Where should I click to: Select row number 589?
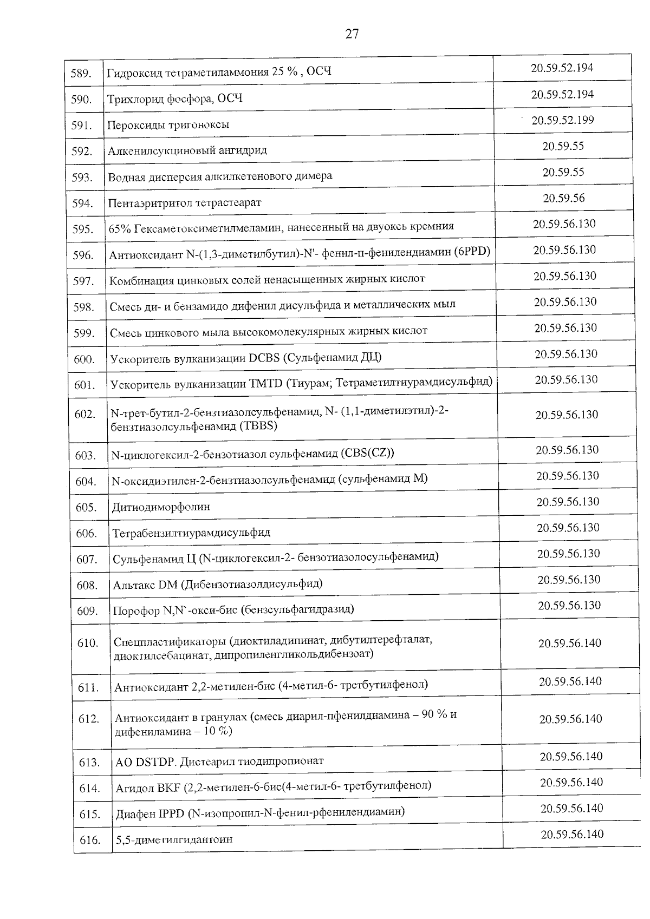tap(81, 73)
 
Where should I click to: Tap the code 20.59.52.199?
tap(562, 120)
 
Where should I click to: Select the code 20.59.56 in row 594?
tap(564, 198)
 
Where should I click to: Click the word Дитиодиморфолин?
tap(161, 507)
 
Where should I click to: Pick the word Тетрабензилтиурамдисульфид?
tap(191, 533)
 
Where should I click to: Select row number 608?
tap(87, 585)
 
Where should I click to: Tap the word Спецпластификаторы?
tap(169, 641)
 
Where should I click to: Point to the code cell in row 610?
tap(569, 643)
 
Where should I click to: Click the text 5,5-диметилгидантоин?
tap(174, 840)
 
